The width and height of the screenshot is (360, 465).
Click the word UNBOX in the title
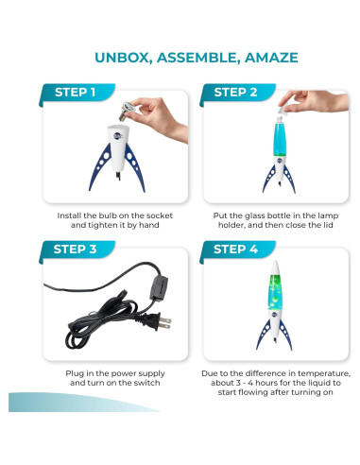pos(122,58)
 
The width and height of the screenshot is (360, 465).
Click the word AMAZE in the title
pos(271,58)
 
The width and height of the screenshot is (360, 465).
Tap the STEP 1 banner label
pos(75,93)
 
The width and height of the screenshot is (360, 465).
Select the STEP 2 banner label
pos(235,93)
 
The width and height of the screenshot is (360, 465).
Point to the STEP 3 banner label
pos(75,250)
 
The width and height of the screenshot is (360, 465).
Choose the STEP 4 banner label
pos(235,250)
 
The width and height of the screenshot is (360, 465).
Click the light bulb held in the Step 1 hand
pos(127,112)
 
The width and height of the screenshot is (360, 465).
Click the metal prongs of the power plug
pos(165,323)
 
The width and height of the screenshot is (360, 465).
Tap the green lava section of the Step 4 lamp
pos(275,292)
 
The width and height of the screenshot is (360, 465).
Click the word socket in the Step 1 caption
pos(161,215)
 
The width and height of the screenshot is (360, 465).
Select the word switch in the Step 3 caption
pos(146,383)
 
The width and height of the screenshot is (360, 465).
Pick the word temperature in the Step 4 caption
pos(324,373)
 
